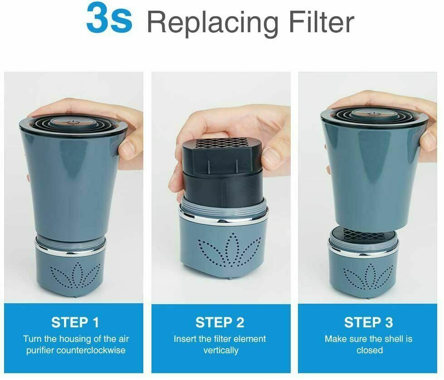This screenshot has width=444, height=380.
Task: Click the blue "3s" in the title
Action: click(x=109, y=18)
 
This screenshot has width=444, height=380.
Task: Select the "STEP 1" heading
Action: click(x=75, y=322)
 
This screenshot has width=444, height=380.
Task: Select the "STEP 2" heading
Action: click(x=220, y=322)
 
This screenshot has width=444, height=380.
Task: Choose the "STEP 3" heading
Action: click(x=368, y=322)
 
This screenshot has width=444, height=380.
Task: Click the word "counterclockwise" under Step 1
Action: click(x=91, y=350)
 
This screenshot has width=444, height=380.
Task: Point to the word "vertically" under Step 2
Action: click(x=221, y=350)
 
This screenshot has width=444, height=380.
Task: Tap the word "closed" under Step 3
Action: click(x=370, y=350)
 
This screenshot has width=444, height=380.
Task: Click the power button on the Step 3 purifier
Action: click(x=372, y=114)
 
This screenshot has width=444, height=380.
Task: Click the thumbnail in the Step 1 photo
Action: click(x=128, y=149)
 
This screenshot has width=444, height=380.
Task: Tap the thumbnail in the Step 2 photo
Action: click(x=271, y=156)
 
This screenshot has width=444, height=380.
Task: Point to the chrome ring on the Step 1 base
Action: click(x=70, y=251)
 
